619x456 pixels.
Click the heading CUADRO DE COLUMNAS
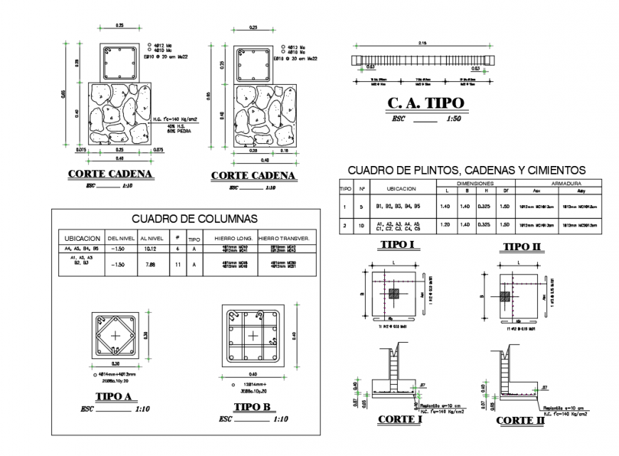point(195,219)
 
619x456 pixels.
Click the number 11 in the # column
point(176,264)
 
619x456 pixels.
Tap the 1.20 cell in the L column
point(446,224)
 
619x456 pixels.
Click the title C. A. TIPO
point(424,103)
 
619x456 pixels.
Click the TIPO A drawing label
point(115,397)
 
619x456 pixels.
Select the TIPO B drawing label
point(252,406)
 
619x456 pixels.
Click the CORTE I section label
point(400,419)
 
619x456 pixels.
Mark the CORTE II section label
point(519,420)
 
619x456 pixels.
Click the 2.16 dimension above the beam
point(423,43)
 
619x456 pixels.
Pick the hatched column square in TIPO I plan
point(393,293)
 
